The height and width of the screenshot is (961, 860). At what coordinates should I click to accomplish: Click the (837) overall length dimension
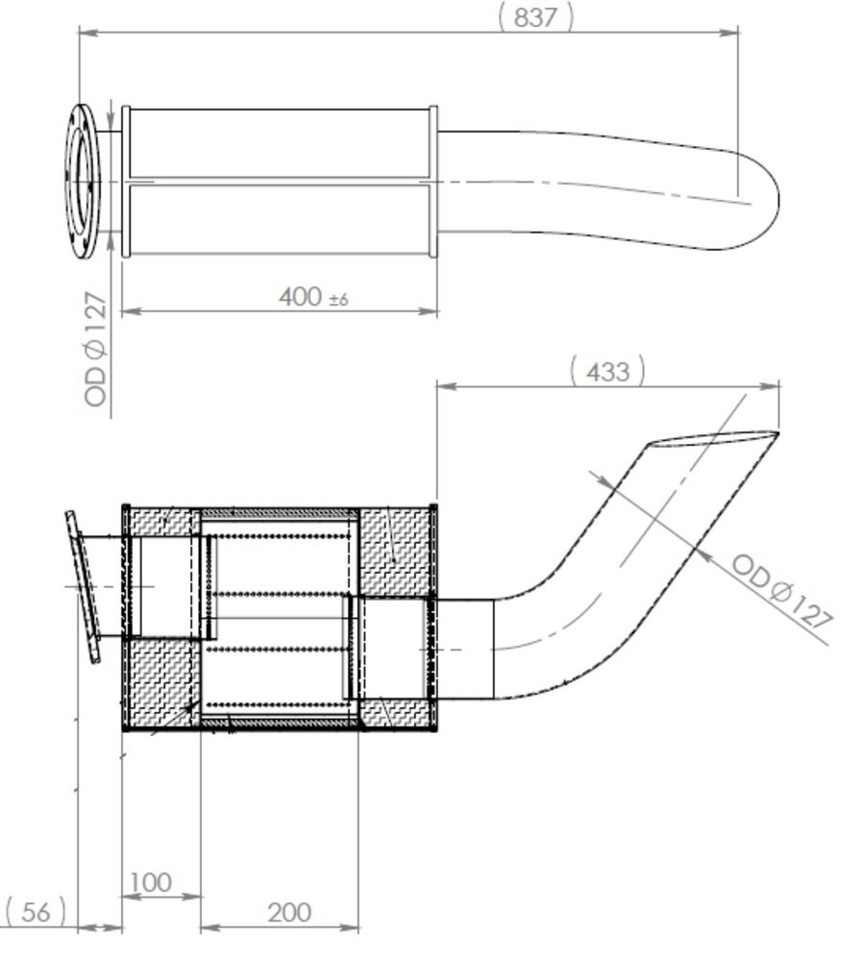[535, 16]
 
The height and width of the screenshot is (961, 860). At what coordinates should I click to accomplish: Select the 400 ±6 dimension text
[312, 297]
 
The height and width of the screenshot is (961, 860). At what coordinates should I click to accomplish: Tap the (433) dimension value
[607, 371]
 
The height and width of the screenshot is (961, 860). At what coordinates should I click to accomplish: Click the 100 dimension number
[150, 881]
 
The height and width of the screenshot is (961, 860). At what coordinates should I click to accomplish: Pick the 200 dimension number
[288, 912]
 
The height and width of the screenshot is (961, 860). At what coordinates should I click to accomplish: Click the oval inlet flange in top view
[84, 181]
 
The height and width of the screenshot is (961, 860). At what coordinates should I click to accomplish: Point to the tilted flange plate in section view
[85, 586]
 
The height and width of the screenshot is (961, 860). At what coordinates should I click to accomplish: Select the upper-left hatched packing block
[161, 522]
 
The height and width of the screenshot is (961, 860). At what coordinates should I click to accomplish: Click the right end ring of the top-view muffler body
[433, 182]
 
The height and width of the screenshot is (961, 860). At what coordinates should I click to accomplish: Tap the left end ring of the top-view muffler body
[126, 182]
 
